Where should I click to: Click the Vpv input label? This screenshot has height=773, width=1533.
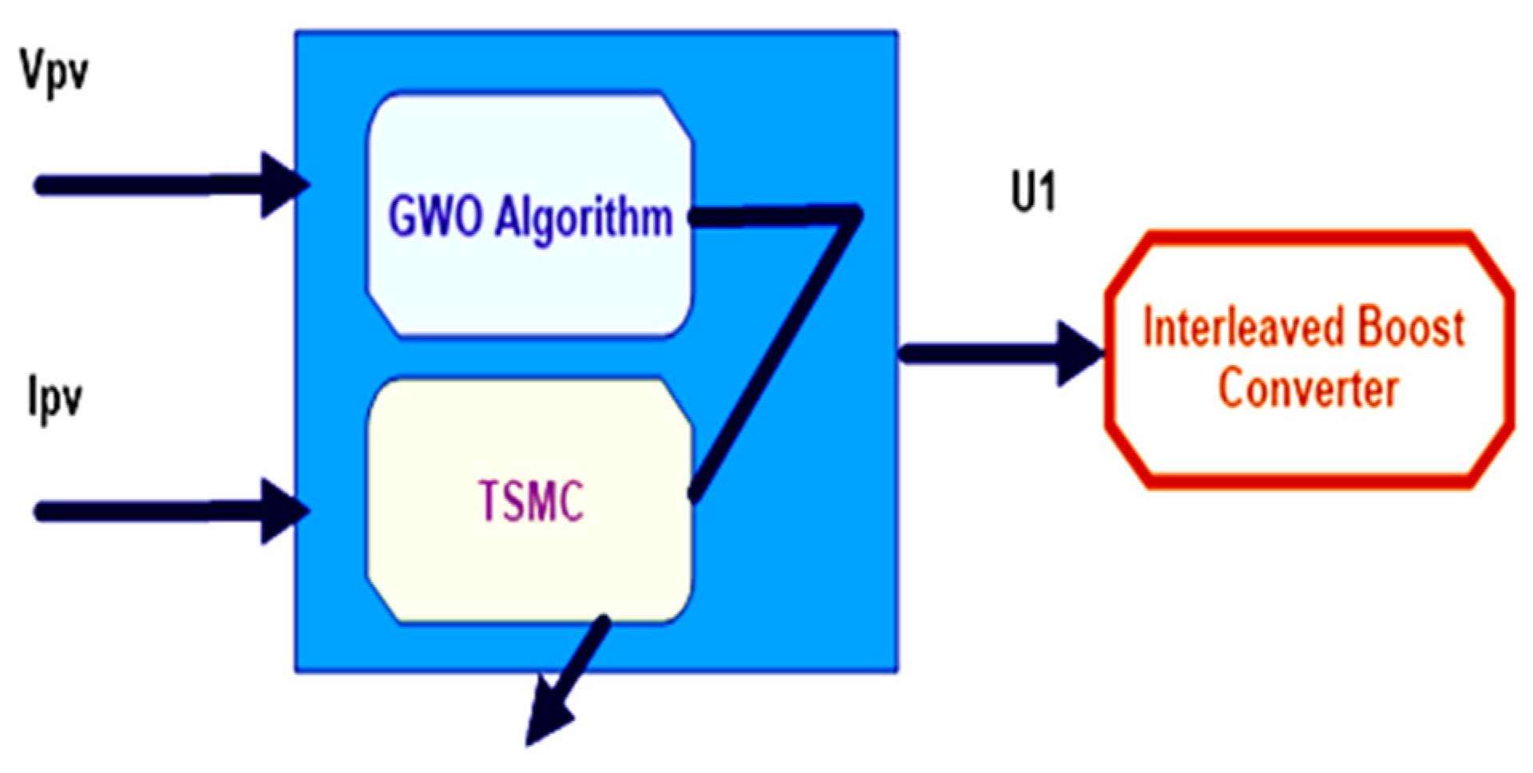(54, 73)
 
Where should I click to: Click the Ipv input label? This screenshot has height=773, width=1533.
(54, 397)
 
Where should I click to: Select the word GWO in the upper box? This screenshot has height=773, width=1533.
(435, 217)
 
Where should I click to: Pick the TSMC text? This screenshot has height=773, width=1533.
(531, 501)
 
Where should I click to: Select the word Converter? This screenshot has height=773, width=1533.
(1308, 389)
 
